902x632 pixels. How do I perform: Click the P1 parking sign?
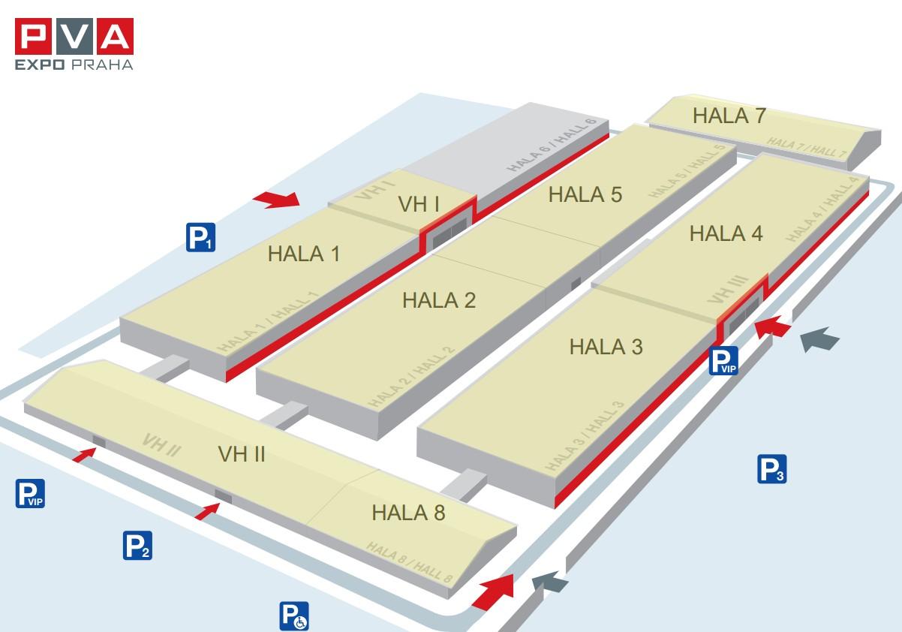tap(200, 237)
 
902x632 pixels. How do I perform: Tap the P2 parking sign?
tap(137, 546)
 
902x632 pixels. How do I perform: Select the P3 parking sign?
tap(772, 469)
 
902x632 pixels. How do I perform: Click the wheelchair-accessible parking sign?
tap(294, 616)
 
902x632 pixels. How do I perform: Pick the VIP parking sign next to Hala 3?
tap(723, 360)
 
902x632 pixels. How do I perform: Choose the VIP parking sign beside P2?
tap(30, 493)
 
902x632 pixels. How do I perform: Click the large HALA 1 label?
tap(304, 254)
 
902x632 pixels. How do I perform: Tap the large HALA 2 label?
tap(439, 300)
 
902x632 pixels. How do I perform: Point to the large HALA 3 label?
tap(606, 347)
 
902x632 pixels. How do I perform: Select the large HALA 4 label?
tap(726, 233)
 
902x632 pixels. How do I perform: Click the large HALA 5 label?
tap(585, 194)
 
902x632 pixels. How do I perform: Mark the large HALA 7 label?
tap(729, 116)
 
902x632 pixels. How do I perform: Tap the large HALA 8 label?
tap(408, 513)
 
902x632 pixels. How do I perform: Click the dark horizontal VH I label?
tap(419, 204)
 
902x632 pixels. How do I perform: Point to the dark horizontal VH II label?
tap(242, 454)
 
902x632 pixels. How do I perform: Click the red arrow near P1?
tap(277, 200)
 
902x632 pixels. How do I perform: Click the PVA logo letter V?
tap(74, 36)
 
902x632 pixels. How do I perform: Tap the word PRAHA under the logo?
tap(102, 65)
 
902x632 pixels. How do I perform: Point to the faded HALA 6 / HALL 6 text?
tap(551, 146)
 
